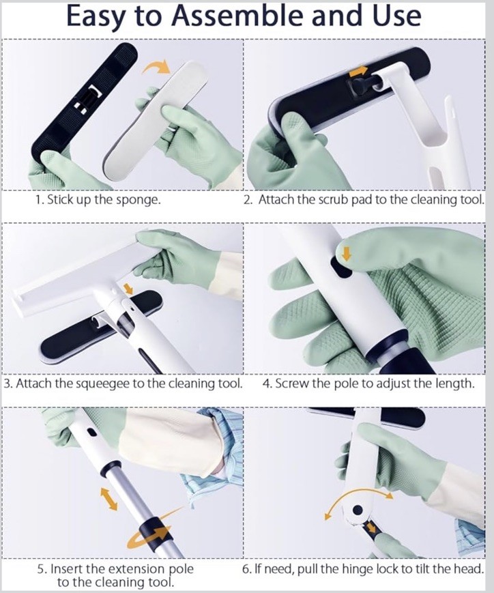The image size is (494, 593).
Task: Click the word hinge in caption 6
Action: click(x=359, y=569)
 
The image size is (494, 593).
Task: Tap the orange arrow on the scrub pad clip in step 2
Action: click(x=358, y=71)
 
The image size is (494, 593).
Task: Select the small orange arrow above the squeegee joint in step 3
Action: click(x=128, y=289)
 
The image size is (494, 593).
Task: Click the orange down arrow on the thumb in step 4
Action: click(x=346, y=253)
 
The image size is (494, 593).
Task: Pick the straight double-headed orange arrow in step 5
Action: click(x=108, y=498)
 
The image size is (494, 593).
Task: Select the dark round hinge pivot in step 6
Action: click(x=358, y=510)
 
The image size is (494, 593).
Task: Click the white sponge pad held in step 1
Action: click(x=156, y=115)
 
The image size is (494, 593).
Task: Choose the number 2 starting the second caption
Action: click(x=248, y=200)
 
